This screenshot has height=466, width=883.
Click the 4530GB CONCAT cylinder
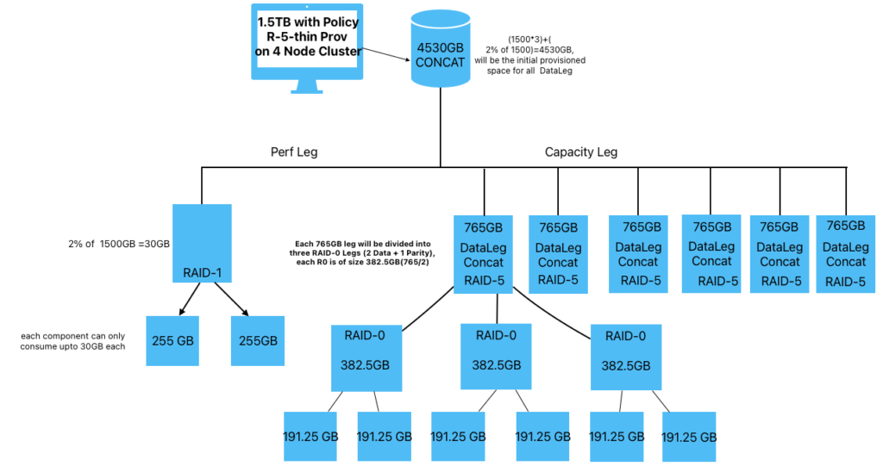tap(441, 52)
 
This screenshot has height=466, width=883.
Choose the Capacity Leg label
tap(581, 152)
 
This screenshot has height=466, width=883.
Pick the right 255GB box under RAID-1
tap(258, 340)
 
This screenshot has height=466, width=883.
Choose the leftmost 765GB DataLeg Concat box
tap(485, 252)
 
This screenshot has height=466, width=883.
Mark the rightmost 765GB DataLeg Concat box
tap(846, 252)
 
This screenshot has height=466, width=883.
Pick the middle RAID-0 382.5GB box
tap(496, 356)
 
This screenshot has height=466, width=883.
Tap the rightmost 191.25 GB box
tap(689, 435)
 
